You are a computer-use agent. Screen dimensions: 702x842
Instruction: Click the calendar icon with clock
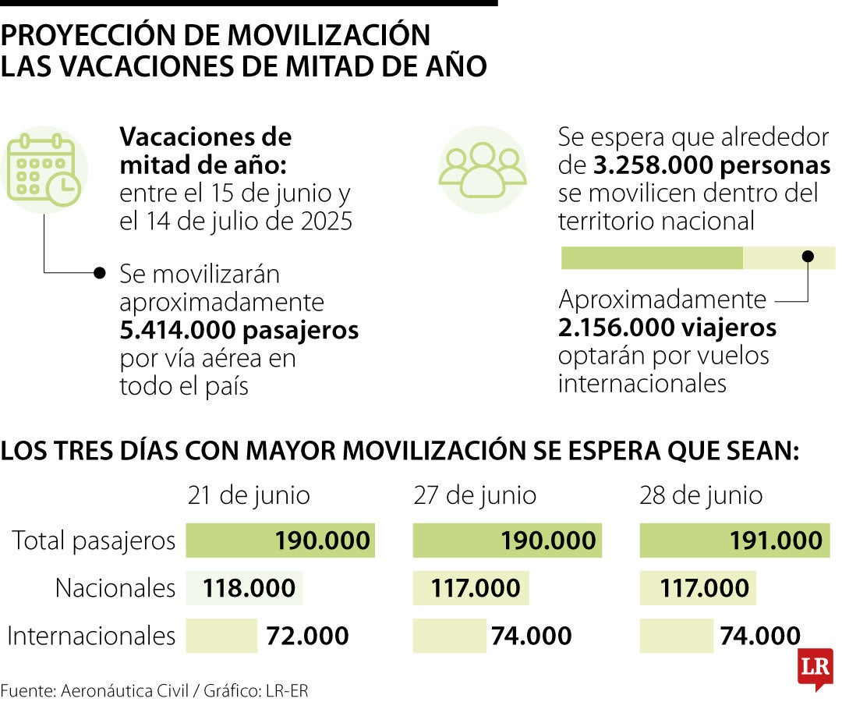pyautogui.click(x=44, y=169)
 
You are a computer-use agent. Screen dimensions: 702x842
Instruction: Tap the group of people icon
pyautogui.click(x=482, y=169)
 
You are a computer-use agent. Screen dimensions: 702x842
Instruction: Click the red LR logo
pyautogui.click(x=815, y=668)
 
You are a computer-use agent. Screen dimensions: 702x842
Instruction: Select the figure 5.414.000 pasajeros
pyautogui.click(x=239, y=331)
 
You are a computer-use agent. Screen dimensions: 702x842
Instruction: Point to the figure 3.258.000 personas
pyautogui.click(x=711, y=166)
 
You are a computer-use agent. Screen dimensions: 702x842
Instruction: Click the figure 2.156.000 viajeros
pyautogui.click(x=667, y=328)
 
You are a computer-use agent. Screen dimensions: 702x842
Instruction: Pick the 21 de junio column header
pyautogui.click(x=249, y=495)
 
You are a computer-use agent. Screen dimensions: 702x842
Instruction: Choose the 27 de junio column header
pyautogui.click(x=475, y=495)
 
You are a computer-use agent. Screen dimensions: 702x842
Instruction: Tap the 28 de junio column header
pyautogui.click(x=701, y=495)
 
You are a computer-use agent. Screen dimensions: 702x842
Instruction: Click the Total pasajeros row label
pyautogui.click(x=94, y=541)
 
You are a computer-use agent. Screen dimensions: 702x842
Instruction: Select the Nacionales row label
pyautogui.click(x=115, y=588)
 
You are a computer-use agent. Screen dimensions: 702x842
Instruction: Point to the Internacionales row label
pyautogui.click(x=91, y=636)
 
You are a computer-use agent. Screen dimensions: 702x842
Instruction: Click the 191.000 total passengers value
pyautogui.click(x=776, y=541)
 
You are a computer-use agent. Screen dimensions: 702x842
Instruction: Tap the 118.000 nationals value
pyautogui.click(x=249, y=588)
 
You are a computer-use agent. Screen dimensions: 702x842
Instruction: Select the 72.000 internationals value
pyautogui.click(x=307, y=636)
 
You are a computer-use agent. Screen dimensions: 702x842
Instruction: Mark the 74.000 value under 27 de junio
pyautogui.click(x=531, y=636)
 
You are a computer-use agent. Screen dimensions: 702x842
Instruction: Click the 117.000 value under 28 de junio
pyautogui.click(x=704, y=588)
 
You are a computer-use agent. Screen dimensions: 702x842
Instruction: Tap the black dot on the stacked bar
pyautogui.click(x=808, y=256)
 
